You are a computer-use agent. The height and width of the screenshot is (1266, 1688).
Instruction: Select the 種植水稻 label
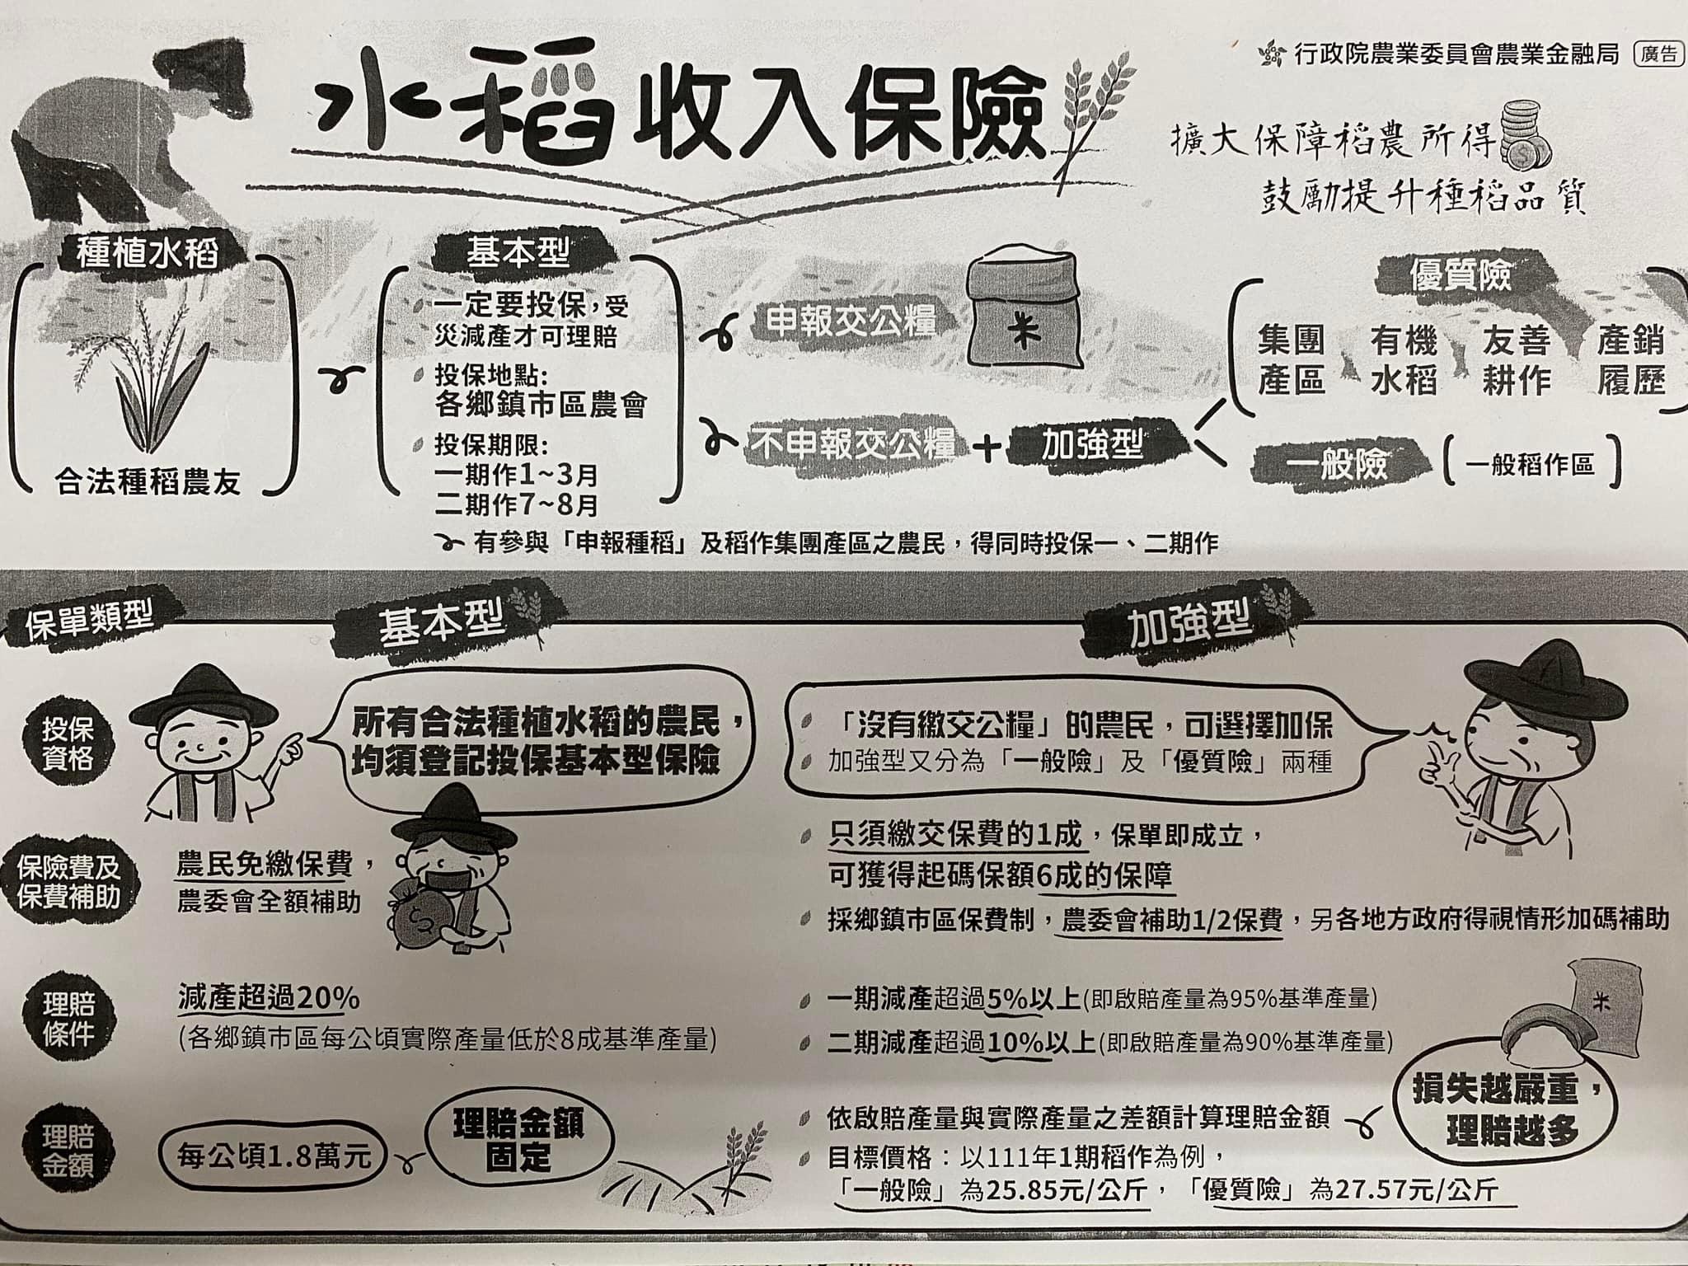pyautogui.click(x=148, y=252)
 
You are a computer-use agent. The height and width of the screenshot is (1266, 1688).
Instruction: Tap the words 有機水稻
pyautogui.click(x=1404, y=360)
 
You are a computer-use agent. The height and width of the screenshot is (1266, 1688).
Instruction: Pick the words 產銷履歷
pyautogui.click(x=1630, y=360)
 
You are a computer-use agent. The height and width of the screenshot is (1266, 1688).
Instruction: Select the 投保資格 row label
pyautogui.click(x=69, y=743)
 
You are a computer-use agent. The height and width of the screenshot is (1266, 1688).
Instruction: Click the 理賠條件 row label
pyautogui.click(x=69, y=1018)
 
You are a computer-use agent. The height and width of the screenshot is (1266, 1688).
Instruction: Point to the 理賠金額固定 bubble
pyautogui.click(x=518, y=1142)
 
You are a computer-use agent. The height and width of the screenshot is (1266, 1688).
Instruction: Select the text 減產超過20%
pyautogui.click(x=269, y=999)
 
